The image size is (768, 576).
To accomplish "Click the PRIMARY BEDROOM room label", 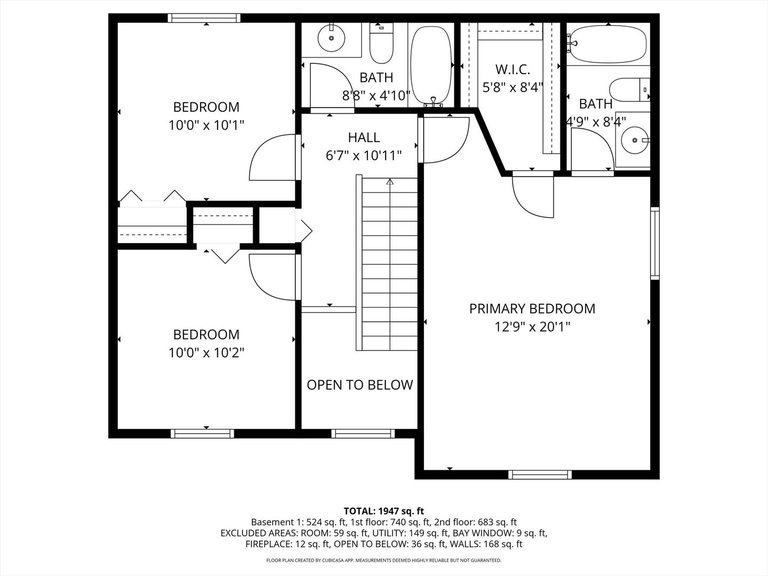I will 532,308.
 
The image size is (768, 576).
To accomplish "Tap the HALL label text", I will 364,138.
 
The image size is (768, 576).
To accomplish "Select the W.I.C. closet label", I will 513,69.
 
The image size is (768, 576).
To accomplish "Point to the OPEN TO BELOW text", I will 359,385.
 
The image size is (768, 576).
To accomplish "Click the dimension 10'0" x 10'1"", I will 206,125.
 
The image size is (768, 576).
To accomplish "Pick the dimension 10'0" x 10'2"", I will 206,353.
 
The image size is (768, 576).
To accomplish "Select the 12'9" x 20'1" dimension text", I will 532,326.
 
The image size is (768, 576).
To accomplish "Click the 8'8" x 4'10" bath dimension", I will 376,95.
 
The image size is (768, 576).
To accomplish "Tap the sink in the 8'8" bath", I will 332,38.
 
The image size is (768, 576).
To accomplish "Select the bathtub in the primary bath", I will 607,44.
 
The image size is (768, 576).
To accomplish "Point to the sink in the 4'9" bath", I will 635,140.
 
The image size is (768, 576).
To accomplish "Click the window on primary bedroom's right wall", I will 654,243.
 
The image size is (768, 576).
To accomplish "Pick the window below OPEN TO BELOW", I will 363,433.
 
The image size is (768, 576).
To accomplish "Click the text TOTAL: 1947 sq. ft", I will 383,511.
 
